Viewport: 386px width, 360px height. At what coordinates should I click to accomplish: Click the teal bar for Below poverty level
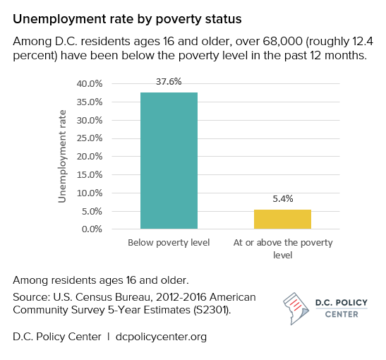169,160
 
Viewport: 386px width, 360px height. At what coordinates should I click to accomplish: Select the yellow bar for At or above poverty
282,219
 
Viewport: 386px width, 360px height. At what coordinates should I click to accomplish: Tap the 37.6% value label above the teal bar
169,82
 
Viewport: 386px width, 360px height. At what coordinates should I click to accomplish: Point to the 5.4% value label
282,199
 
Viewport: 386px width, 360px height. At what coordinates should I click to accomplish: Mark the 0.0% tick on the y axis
91,229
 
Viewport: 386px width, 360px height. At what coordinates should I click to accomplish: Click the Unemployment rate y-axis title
62,156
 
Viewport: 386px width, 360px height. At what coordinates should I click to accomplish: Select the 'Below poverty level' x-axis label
169,243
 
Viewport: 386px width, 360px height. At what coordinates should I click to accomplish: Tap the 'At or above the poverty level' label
282,248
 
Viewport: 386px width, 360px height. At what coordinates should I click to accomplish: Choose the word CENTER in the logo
341,315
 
